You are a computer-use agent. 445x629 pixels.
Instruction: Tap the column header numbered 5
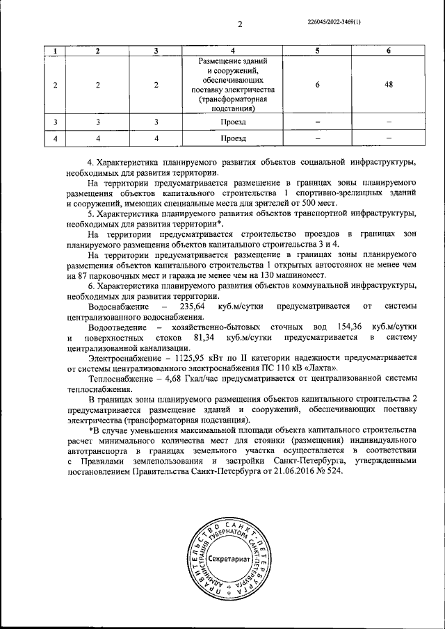tap(317, 51)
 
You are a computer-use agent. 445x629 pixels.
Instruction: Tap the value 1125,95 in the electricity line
tap(181, 357)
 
